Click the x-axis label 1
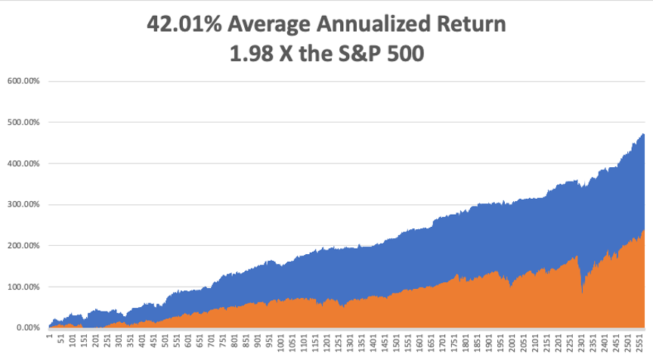pyautogui.click(x=49, y=334)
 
